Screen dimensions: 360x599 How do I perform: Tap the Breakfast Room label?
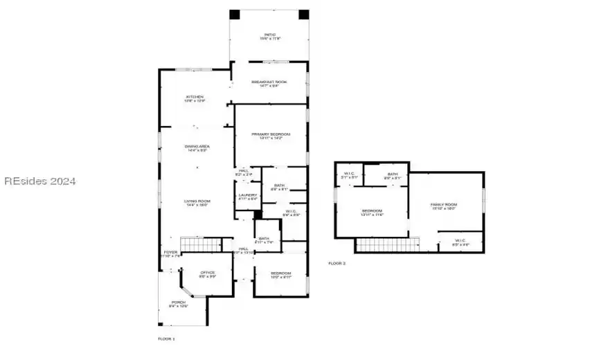pyautogui.click(x=269, y=83)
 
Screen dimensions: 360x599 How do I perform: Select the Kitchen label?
pyautogui.click(x=195, y=98)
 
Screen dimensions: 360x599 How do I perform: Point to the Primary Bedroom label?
pyautogui.click(x=270, y=136)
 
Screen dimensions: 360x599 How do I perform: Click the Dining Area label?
pyautogui.click(x=197, y=148)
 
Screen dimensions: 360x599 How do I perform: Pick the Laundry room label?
pyautogui.click(x=248, y=197)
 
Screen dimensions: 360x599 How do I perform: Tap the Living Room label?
pyautogui.click(x=197, y=203)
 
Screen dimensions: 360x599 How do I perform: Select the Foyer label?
pyautogui.click(x=170, y=253)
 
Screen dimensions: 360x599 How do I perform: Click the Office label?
pyautogui.click(x=208, y=274)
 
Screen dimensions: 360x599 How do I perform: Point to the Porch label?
pyautogui.click(x=178, y=303)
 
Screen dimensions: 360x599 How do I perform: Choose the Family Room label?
pyautogui.click(x=444, y=206)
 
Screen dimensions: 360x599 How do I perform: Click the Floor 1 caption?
pyautogui.click(x=166, y=339)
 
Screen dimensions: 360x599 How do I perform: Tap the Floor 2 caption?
pyautogui.click(x=337, y=264)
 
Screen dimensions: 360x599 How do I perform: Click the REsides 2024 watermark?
pyautogui.click(x=39, y=181)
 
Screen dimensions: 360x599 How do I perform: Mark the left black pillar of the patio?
pyautogui.click(x=234, y=15)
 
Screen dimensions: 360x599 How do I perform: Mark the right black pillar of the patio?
pyautogui.click(x=303, y=15)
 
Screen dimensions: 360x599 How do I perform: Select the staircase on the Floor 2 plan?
pyautogui.click(x=388, y=244)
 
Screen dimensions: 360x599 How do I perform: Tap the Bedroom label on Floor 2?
pyautogui.click(x=372, y=213)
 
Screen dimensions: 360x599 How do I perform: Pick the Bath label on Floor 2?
pyautogui.click(x=393, y=176)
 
